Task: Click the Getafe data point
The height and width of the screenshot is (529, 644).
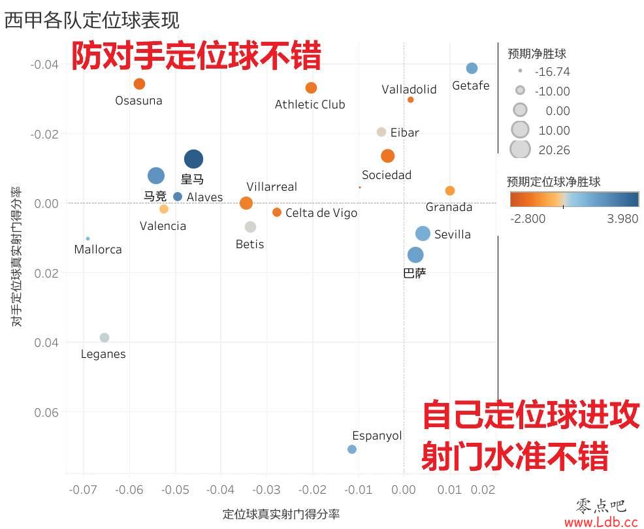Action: (x=472, y=69)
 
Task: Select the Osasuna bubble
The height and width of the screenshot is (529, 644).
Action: (x=139, y=84)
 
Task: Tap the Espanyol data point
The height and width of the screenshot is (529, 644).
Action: (x=352, y=449)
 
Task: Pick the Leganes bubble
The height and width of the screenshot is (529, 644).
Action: (x=105, y=338)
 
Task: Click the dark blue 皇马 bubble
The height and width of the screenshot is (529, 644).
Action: (x=193, y=159)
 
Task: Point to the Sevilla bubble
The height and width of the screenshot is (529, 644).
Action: (x=423, y=234)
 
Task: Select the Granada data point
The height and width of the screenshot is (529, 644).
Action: (x=450, y=191)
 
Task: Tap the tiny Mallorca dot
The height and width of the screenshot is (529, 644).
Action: (x=88, y=238)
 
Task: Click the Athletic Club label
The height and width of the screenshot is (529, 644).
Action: (x=310, y=104)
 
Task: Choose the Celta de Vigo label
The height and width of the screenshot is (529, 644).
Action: (x=321, y=213)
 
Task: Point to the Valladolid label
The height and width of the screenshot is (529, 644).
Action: (x=409, y=89)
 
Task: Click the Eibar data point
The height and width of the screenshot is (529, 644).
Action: (x=381, y=132)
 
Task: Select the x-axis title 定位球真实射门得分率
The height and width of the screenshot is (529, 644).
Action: (x=281, y=514)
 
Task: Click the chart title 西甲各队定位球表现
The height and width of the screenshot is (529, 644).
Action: (x=91, y=20)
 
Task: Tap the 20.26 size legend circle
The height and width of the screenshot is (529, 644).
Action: (x=520, y=150)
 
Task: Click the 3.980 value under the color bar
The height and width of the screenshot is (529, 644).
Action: (x=622, y=219)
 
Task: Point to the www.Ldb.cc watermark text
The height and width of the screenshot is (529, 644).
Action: (x=600, y=522)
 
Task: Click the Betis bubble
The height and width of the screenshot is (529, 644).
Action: (x=250, y=227)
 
